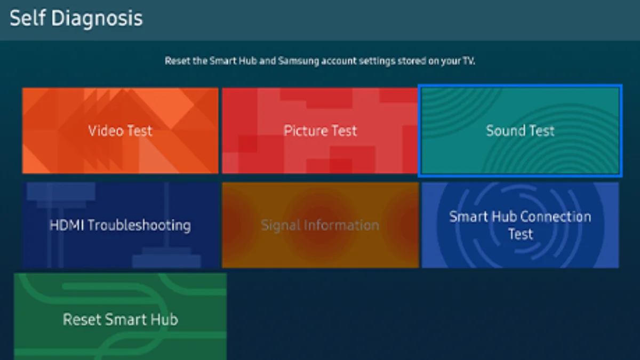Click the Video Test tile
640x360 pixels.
[x=121, y=131]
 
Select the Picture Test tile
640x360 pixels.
[x=320, y=131]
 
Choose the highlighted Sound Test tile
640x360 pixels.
[x=521, y=131]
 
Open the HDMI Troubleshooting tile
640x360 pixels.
[x=121, y=225]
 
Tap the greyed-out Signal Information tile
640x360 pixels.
[x=321, y=225]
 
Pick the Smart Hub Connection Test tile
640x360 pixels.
[x=521, y=225]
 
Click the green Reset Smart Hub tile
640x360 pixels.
[x=121, y=317]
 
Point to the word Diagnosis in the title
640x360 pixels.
[x=97, y=19]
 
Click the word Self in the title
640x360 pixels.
[x=28, y=18]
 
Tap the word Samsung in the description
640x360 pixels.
[x=299, y=61]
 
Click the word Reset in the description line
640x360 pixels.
[x=178, y=61]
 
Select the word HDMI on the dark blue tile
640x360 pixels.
[x=67, y=225]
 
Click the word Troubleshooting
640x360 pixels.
[x=139, y=226]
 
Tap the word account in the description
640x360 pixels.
[x=339, y=61]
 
